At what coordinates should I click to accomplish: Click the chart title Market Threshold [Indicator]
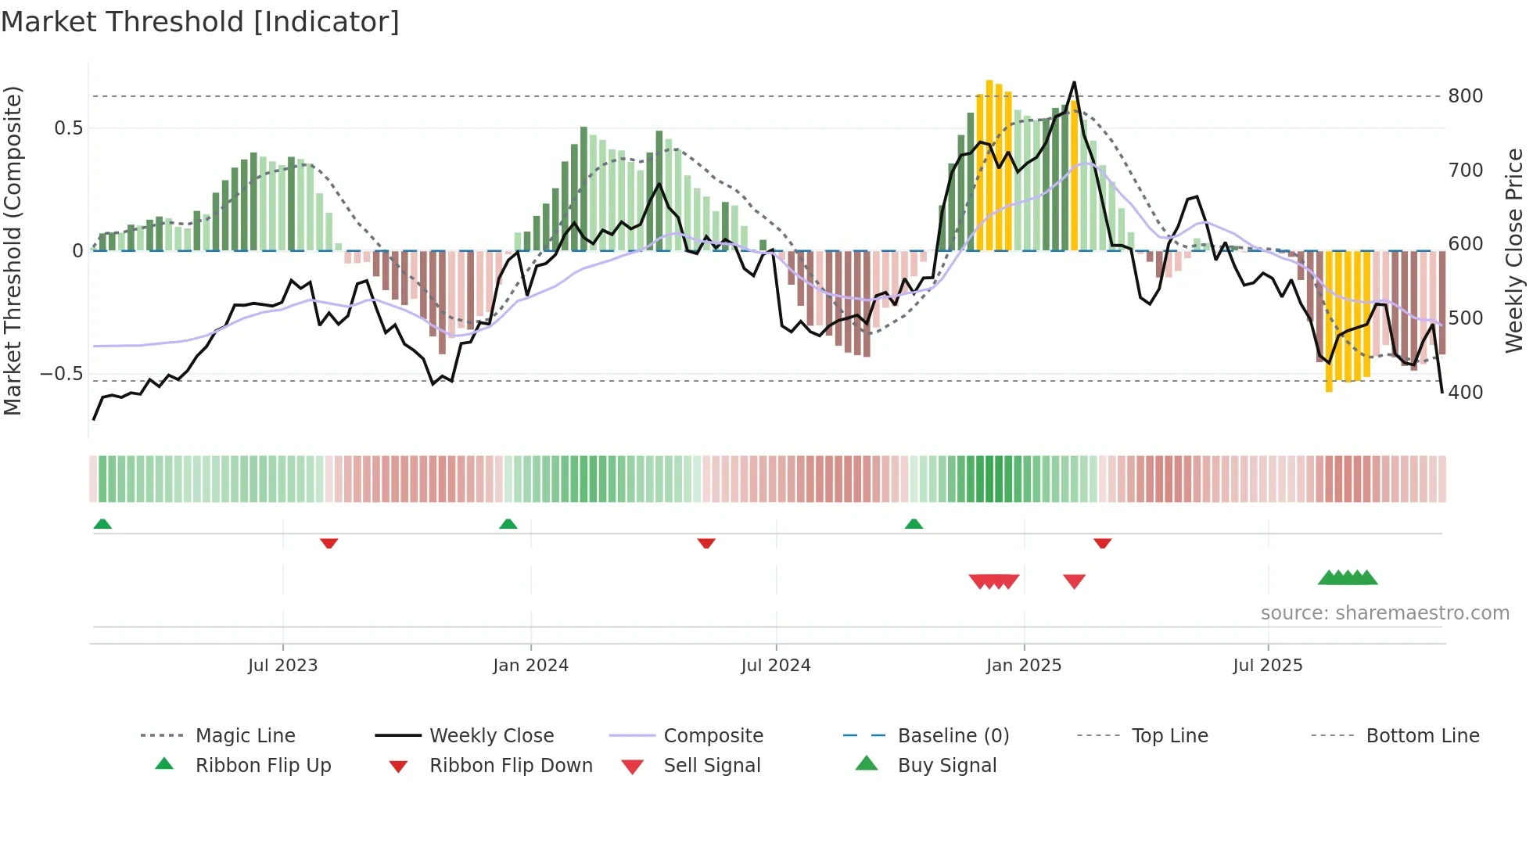pos(200,22)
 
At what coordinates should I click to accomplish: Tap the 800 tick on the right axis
pos(1465,96)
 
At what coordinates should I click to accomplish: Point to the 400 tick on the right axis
pos(1465,392)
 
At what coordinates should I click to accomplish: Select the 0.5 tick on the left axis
pos(68,128)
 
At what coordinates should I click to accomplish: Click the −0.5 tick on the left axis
pos(62,373)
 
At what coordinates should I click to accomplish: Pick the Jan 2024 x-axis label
pos(530,666)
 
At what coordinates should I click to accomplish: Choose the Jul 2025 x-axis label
pos(1267,666)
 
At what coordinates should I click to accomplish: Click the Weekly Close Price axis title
pos(1514,250)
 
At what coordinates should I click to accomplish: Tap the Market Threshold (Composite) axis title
pos(13,250)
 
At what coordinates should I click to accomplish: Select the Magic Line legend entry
pos(245,736)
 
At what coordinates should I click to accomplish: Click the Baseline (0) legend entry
pos(953,736)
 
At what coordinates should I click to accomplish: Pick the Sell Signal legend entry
pos(711,766)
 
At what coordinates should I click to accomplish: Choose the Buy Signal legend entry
pos(946,766)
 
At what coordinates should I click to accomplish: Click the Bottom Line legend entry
pos(1422,736)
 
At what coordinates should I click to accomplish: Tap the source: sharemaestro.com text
pos(1384,613)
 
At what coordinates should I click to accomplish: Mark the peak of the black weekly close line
pos(1074,82)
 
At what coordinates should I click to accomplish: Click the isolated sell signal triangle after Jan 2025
pos(1074,581)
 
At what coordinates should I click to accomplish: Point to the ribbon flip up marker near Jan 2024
pos(508,524)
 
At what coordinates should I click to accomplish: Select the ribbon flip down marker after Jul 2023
pos(328,543)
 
